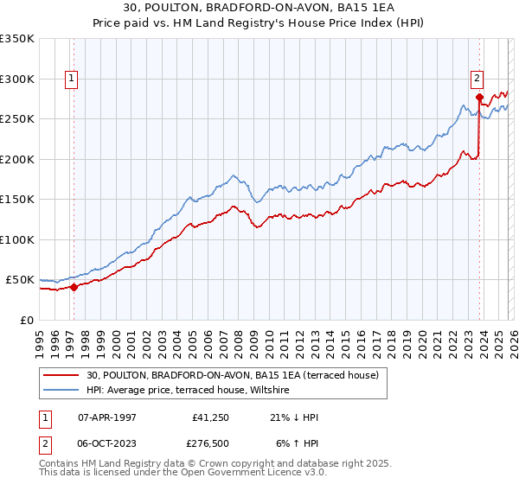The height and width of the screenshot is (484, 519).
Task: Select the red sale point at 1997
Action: click(74, 287)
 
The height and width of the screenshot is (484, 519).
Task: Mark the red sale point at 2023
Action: click(479, 97)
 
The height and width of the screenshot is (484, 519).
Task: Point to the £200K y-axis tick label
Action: click(17, 159)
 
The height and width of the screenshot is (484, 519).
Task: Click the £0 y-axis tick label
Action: click(28, 320)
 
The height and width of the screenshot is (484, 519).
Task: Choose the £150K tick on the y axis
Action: click(17, 200)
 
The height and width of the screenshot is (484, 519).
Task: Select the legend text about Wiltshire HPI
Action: click(191, 391)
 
